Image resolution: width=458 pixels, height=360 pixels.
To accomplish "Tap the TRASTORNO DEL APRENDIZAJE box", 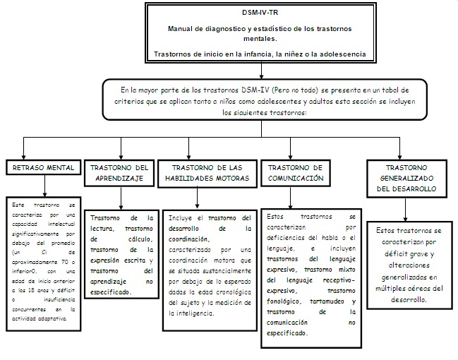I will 120,173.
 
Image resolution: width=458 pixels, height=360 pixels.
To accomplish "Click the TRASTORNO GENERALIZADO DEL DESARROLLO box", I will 406,178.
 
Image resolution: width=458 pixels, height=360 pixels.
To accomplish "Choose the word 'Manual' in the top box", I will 180,28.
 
